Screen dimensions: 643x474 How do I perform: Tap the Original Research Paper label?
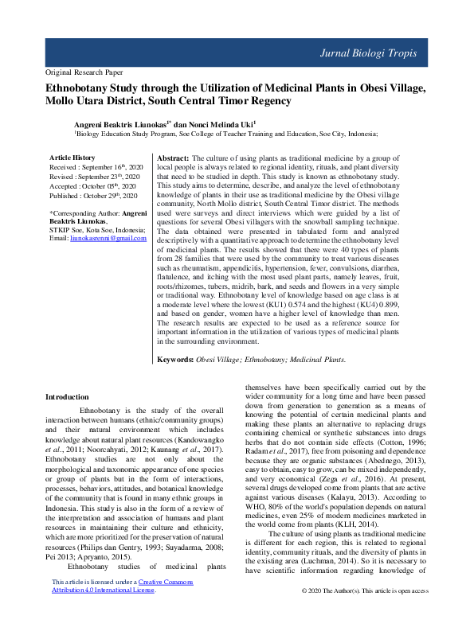87,71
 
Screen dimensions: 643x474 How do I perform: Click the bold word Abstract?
173,159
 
